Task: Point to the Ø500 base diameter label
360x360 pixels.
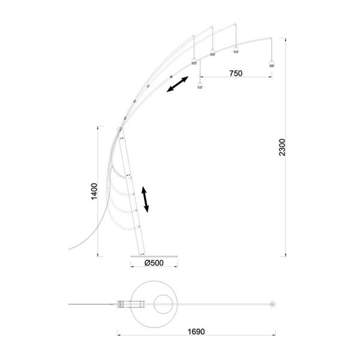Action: point(154,262)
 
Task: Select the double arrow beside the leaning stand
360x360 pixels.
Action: point(145,199)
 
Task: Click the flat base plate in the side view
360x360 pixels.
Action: point(154,255)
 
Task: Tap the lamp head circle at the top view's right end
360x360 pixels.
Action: point(272,305)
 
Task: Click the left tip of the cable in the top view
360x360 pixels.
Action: point(68,305)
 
